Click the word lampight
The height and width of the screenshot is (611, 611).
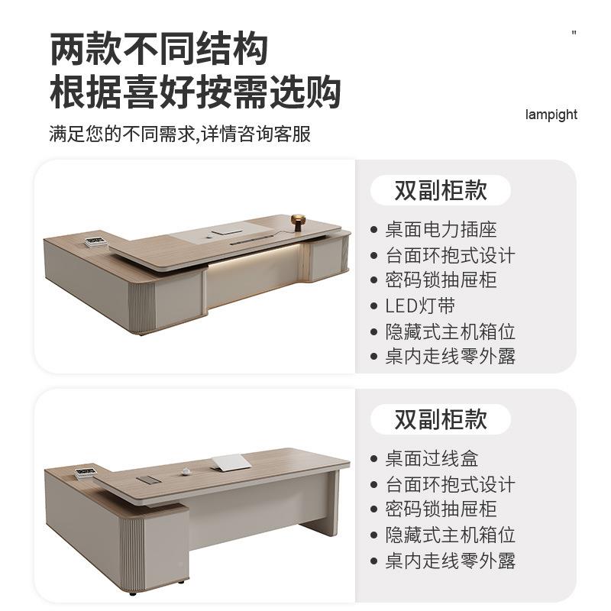551,115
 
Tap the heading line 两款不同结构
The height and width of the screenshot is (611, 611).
160,50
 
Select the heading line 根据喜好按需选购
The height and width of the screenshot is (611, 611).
195,92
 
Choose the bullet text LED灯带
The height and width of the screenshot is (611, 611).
420,305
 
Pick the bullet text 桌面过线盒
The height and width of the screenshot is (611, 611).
432,458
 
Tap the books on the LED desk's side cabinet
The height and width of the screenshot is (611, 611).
95,243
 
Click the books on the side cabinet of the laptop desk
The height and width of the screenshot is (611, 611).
86,472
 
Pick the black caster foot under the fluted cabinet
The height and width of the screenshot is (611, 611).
135,593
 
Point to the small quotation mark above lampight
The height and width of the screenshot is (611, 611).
574,33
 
